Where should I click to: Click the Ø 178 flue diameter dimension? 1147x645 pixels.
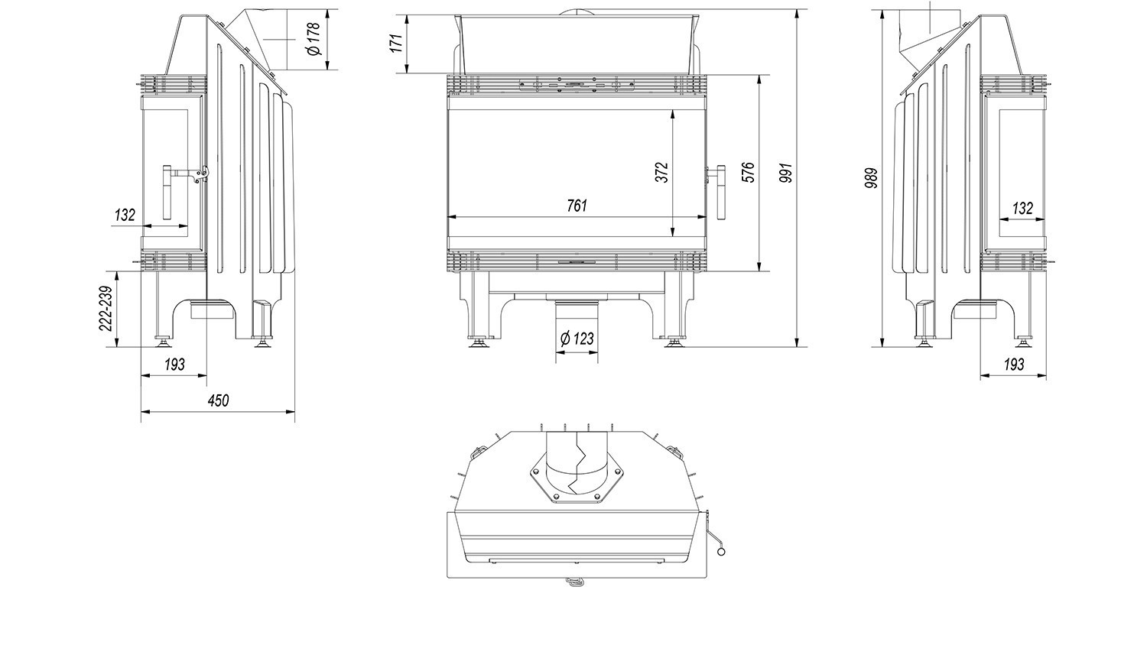point(314,38)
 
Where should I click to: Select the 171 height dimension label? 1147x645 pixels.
point(396,43)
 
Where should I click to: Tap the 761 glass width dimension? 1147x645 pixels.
point(577,206)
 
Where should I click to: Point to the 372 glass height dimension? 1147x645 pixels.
point(662,172)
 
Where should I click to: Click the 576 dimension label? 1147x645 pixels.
point(748,172)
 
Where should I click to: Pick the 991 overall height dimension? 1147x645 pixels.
point(786,173)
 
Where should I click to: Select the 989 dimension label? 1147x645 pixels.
point(871,178)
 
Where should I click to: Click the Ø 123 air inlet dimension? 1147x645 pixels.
point(577,339)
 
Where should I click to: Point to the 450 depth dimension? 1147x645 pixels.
point(219,400)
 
